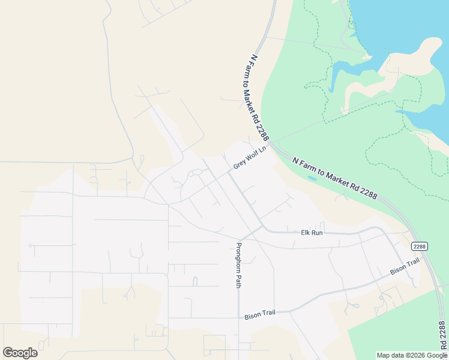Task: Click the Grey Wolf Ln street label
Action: point(249,157)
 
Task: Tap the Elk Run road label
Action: point(312,232)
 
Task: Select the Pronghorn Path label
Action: point(238,265)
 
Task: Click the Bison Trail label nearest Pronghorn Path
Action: point(259,315)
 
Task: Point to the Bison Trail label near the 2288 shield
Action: point(404,267)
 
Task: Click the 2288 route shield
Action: point(419,246)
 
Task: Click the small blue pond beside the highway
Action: point(311,178)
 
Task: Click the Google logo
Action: point(20,353)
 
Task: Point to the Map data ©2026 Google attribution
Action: point(412,355)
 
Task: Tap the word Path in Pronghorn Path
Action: point(238,281)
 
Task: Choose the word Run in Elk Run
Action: point(317,232)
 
